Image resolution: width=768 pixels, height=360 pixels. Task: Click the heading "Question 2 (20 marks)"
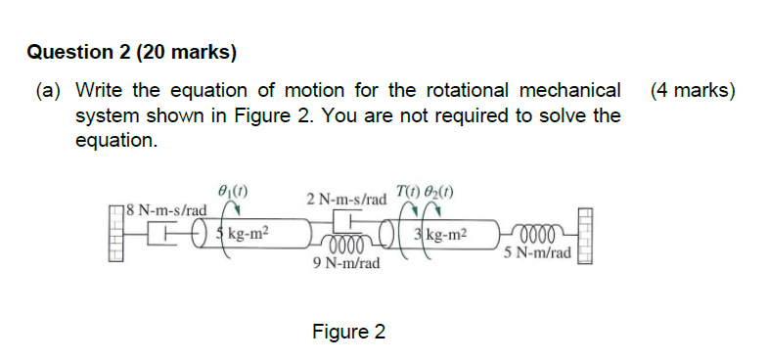click(132, 53)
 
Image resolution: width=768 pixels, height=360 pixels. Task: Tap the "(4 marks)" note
click(692, 91)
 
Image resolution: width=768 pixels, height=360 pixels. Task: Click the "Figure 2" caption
click(348, 333)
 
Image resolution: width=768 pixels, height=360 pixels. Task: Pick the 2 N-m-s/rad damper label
click(346, 200)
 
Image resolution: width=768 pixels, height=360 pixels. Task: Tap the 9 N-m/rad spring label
click(341, 263)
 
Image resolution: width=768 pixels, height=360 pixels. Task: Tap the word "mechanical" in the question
click(566, 91)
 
